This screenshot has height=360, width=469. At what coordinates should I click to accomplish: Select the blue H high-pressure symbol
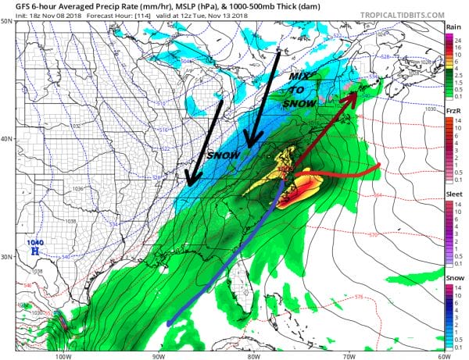pyautogui.click(x=34, y=251)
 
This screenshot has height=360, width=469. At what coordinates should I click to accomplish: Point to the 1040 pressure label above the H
pyautogui.click(x=34, y=241)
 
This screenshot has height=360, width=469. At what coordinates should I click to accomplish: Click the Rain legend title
pyautogui.click(x=453, y=27)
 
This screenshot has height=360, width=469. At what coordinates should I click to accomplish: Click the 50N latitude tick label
pyautogui.click(x=6, y=21)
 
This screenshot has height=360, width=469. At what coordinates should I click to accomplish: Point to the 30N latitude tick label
pyautogui.click(x=6, y=257)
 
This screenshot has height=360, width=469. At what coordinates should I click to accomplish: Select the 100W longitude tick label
pyautogui.click(x=62, y=355)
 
